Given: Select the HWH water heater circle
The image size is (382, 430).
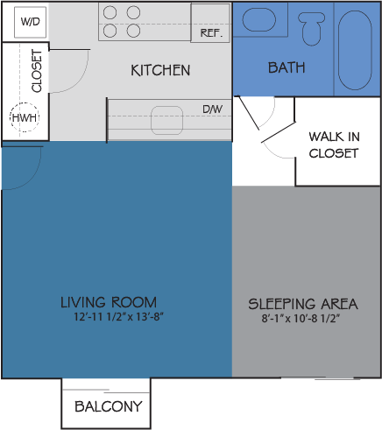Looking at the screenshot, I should tap(23, 118).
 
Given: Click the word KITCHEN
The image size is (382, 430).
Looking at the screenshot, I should tap(160, 70).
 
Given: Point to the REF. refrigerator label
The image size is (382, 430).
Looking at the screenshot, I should tap(210, 32).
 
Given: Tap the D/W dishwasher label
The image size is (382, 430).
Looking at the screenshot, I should tap(212, 109).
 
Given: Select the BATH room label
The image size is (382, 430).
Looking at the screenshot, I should tap(286, 67).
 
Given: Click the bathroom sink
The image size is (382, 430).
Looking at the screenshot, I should tap(258, 21).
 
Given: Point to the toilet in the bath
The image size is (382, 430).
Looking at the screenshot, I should tap(311, 29).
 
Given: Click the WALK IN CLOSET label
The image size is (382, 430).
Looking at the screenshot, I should tap(334, 145).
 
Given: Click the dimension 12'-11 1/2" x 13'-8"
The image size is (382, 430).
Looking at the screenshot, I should tap(119, 317).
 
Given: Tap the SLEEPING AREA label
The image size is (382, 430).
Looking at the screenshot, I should tap(303, 304).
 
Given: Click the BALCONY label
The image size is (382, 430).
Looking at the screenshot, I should tap(108, 406).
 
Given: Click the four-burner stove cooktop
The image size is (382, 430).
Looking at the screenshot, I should tap(122, 22).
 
